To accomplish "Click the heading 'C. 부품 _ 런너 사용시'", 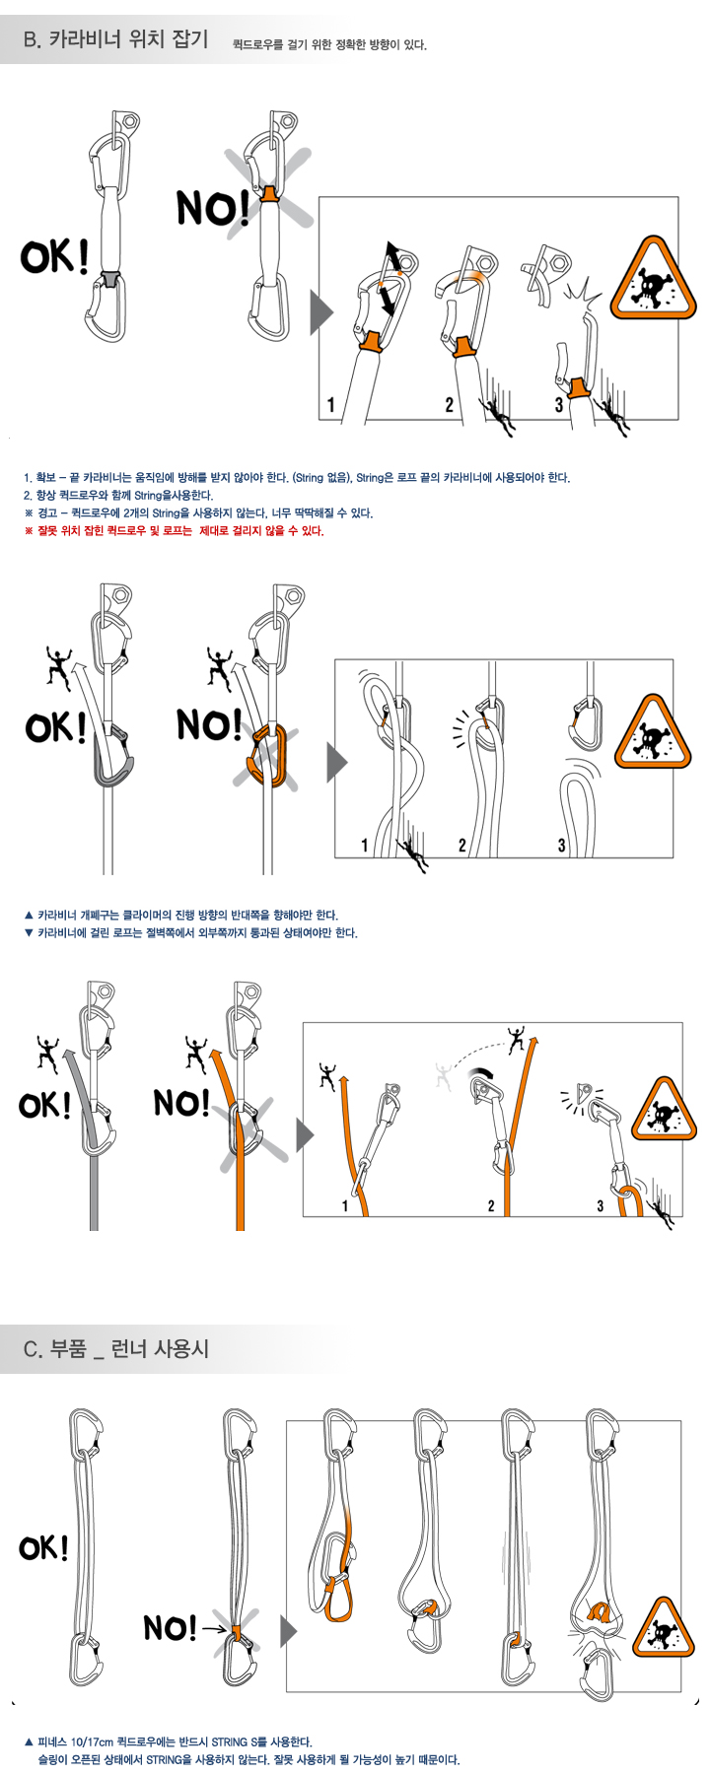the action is tap(116, 1348).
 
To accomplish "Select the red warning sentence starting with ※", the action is tap(174, 531).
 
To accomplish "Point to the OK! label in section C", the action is tap(43, 1547).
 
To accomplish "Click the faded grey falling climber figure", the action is tap(444, 1076).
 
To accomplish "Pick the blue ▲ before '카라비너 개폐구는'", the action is tap(29, 915).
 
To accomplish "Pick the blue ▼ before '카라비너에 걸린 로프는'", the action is tap(29, 932).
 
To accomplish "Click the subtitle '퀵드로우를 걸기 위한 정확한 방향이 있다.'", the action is tap(329, 44).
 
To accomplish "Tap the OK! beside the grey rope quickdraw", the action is tap(44, 1105).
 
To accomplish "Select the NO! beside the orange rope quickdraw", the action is tap(181, 1102).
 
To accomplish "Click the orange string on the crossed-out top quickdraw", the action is tap(269, 192).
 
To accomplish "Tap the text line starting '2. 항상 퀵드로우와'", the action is tap(118, 496).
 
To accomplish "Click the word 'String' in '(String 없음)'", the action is tap(310, 478).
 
